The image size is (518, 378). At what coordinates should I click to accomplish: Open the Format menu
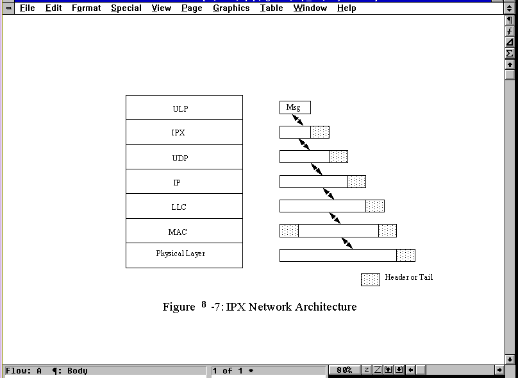click(86, 8)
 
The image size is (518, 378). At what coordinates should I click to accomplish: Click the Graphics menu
click(231, 8)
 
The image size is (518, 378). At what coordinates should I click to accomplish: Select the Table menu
click(271, 8)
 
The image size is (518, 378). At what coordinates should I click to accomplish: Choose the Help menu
click(346, 8)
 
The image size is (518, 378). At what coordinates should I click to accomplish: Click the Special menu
click(126, 8)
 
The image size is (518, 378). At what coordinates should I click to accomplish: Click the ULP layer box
click(184, 108)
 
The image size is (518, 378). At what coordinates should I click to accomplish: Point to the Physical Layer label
click(181, 253)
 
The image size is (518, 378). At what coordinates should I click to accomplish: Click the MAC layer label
click(178, 232)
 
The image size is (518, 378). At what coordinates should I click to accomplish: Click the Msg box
click(294, 108)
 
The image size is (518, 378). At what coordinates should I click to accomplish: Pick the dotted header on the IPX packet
click(320, 132)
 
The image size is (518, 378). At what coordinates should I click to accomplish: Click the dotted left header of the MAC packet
click(289, 230)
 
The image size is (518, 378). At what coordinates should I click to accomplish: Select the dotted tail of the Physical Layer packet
click(405, 255)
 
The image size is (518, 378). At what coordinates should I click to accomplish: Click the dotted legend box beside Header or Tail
click(371, 279)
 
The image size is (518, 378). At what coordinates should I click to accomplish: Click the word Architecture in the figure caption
click(325, 307)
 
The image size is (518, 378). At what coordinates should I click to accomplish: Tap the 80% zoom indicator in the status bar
click(344, 370)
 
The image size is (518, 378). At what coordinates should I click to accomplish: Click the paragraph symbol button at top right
click(510, 20)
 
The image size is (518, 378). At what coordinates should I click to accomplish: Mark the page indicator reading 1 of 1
click(233, 370)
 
